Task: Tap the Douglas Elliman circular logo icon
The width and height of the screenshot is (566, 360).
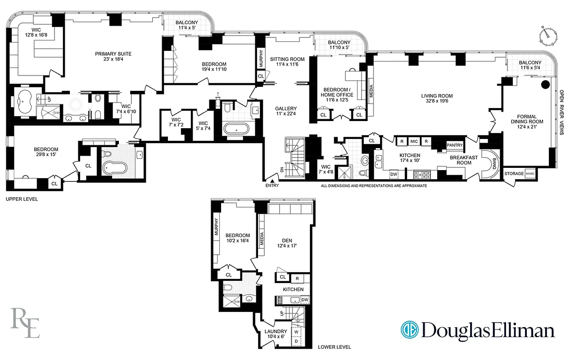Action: click(409, 329)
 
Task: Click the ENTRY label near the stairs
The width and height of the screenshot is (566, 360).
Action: click(272, 185)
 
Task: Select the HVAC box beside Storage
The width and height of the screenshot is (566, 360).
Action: click(532, 173)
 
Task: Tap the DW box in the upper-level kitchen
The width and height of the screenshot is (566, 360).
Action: click(393, 174)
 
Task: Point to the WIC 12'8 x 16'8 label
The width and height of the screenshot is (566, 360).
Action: click(36, 31)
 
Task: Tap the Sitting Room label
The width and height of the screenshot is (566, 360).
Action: click(287, 59)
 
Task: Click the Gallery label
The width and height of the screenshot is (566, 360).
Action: click(286, 108)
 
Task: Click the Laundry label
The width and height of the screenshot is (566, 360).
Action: click(276, 332)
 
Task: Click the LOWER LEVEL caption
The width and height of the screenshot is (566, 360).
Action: click(334, 347)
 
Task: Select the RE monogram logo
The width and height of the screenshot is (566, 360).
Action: click(25, 322)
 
